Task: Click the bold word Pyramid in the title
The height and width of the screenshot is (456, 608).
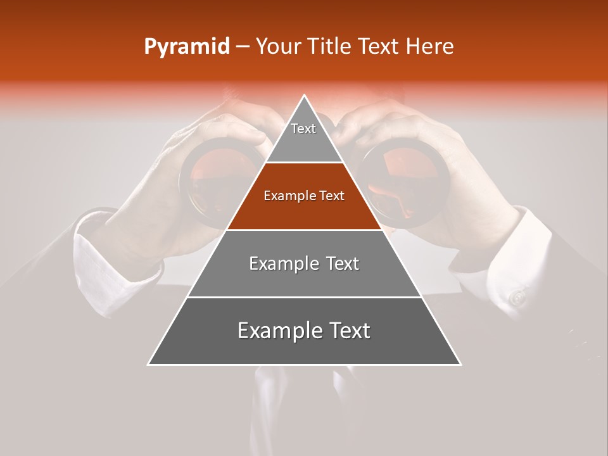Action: [x=186, y=47]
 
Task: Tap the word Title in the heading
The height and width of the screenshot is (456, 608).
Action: [x=329, y=46]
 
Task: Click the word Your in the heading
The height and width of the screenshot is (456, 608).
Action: [x=279, y=46]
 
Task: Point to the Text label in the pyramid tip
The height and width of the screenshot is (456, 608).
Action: [x=303, y=129]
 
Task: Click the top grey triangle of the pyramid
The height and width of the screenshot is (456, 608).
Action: [x=304, y=142]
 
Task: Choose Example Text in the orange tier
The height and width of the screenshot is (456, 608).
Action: [x=304, y=196]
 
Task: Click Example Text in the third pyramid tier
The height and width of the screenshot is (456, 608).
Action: [x=304, y=263]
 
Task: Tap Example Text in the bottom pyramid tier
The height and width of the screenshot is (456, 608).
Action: [x=304, y=331]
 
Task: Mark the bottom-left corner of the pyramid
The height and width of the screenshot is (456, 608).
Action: [x=149, y=364]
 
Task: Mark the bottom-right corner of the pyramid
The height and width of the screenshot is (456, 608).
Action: [x=460, y=364]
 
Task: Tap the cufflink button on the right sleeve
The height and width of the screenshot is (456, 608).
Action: [x=518, y=296]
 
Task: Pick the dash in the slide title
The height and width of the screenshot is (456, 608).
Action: [x=242, y=47]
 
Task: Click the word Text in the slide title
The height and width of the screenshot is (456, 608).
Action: [x=378, y=46]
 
